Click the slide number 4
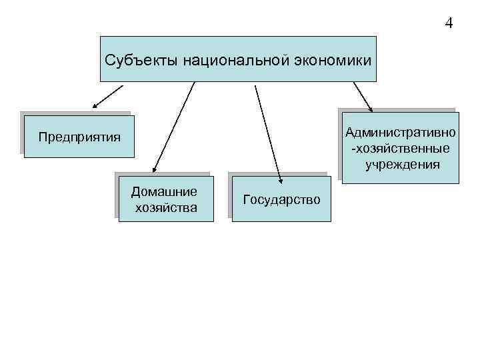point(449,23)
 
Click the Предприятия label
point(79,137)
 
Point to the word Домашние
point(164,192)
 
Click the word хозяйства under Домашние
point(166,207)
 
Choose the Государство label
point(282,199)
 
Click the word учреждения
point(402,163)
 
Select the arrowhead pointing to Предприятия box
point(95,105)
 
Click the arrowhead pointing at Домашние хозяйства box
point(153,171)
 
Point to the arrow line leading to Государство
point(267,130)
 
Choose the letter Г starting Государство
point(247,199)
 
